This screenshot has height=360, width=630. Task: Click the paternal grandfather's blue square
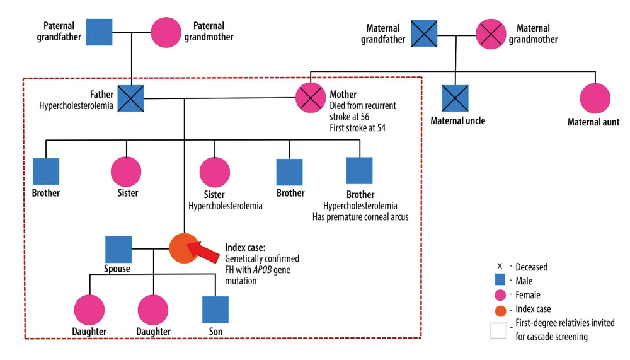tap(100, 32)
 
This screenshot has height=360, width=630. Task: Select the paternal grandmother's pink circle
tap(166, 33)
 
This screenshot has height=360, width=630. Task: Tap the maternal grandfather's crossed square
tap(424, 34)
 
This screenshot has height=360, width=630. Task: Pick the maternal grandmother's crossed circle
tap(491, 34)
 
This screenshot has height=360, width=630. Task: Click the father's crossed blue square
tap(130, 98)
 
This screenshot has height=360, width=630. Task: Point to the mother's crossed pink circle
tap(311, 98)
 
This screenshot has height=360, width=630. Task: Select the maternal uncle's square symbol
tap(455, 98)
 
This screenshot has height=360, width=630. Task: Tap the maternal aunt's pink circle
tap(595, 98)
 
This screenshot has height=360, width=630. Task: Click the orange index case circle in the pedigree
tap(184, 248)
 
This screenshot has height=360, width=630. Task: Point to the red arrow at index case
tap(203, 252)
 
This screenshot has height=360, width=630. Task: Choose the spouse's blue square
tap(118, 250)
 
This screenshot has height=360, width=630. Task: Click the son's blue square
tap(215, 310)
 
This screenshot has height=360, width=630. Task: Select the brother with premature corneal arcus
tap(360, 171)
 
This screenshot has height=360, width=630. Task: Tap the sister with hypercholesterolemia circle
tap(215, 172)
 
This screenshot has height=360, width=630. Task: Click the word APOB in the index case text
tap(262, 269)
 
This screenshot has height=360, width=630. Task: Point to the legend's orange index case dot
tap(500, 311)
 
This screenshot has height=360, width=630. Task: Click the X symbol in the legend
tap(500, 266)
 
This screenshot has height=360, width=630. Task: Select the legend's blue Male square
tap(500, 279)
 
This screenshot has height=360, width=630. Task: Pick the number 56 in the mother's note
tap(365, 117)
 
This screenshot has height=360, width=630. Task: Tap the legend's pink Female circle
tap(500, 295)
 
